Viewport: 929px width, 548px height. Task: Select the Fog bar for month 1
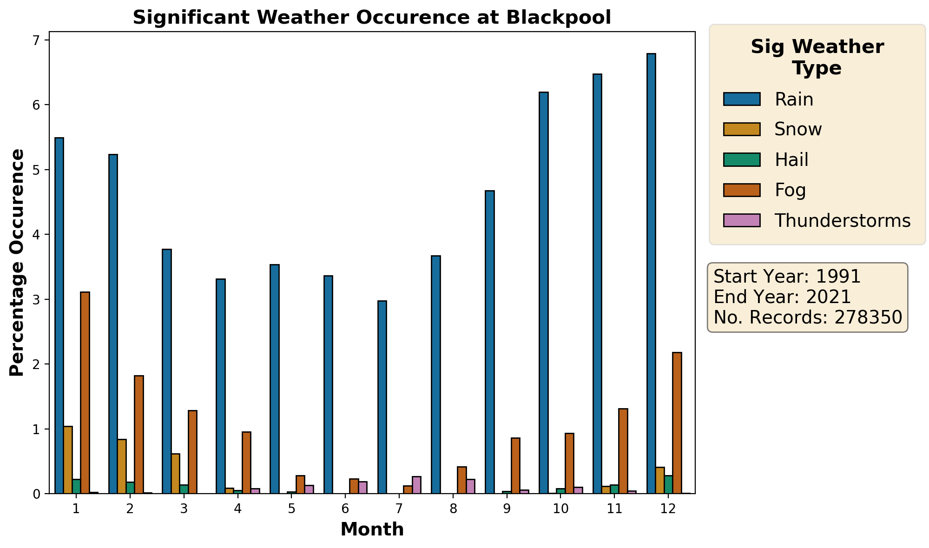pyautogui.click(x=85, y=393)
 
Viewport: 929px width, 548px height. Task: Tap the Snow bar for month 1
pyautogui.click(x=68, y=460)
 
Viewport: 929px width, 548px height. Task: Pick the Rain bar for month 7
pyautogui.click(x=382, y=397)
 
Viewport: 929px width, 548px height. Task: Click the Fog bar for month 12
pyautogui.click(x=677, y=423)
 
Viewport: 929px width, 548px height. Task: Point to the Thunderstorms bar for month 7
pyautogui.click(x=416, y=485)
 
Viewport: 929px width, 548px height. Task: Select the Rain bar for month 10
pyautogui.click(x=544, y=293)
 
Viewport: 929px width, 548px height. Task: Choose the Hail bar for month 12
pyautogui.click(x=668, y=484)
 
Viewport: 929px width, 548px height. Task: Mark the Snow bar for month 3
pyautogui.click(x=176, y=473)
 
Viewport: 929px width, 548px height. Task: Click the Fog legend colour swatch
pyautogui.click(x=742, y=190)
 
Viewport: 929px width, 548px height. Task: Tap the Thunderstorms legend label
pyautogui.click(x=842, y=221)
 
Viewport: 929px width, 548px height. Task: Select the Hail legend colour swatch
pyautogui.click(x=742, y=160)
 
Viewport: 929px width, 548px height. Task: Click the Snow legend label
pyautogui.click(x=798, y=129)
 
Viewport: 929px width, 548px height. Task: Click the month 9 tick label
pyautogui.click(x=507, y=509)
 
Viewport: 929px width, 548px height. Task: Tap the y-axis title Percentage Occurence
pyautogui.click(x=17, y=263)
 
